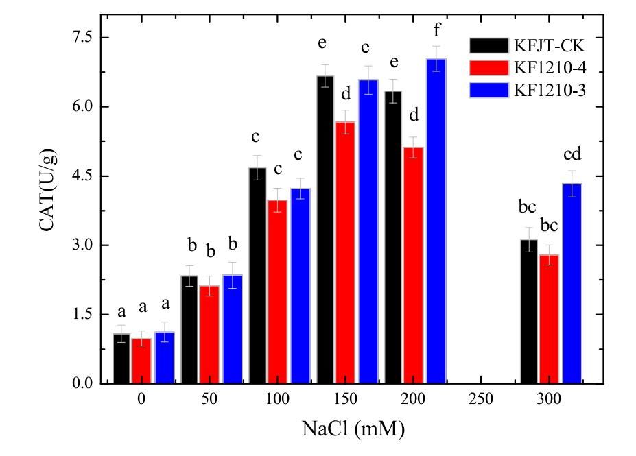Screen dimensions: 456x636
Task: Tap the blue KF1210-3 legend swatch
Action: click(488, 90)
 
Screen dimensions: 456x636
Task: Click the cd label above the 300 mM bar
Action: click(572, 154)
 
